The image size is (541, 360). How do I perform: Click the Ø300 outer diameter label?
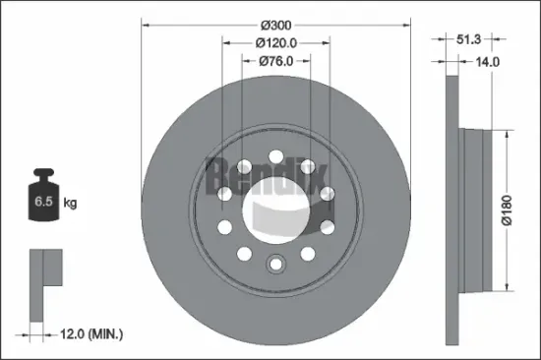pos(274,23)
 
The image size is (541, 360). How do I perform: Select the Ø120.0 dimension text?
pos(276,43)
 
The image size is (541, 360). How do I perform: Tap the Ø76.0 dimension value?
pos(277,62)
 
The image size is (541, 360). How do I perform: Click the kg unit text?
pos(71,204)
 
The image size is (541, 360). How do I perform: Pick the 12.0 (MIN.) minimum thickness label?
pos(88,335)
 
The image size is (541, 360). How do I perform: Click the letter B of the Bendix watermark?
pos(215,175)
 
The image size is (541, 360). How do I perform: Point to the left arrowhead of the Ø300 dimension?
pos(144,23)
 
